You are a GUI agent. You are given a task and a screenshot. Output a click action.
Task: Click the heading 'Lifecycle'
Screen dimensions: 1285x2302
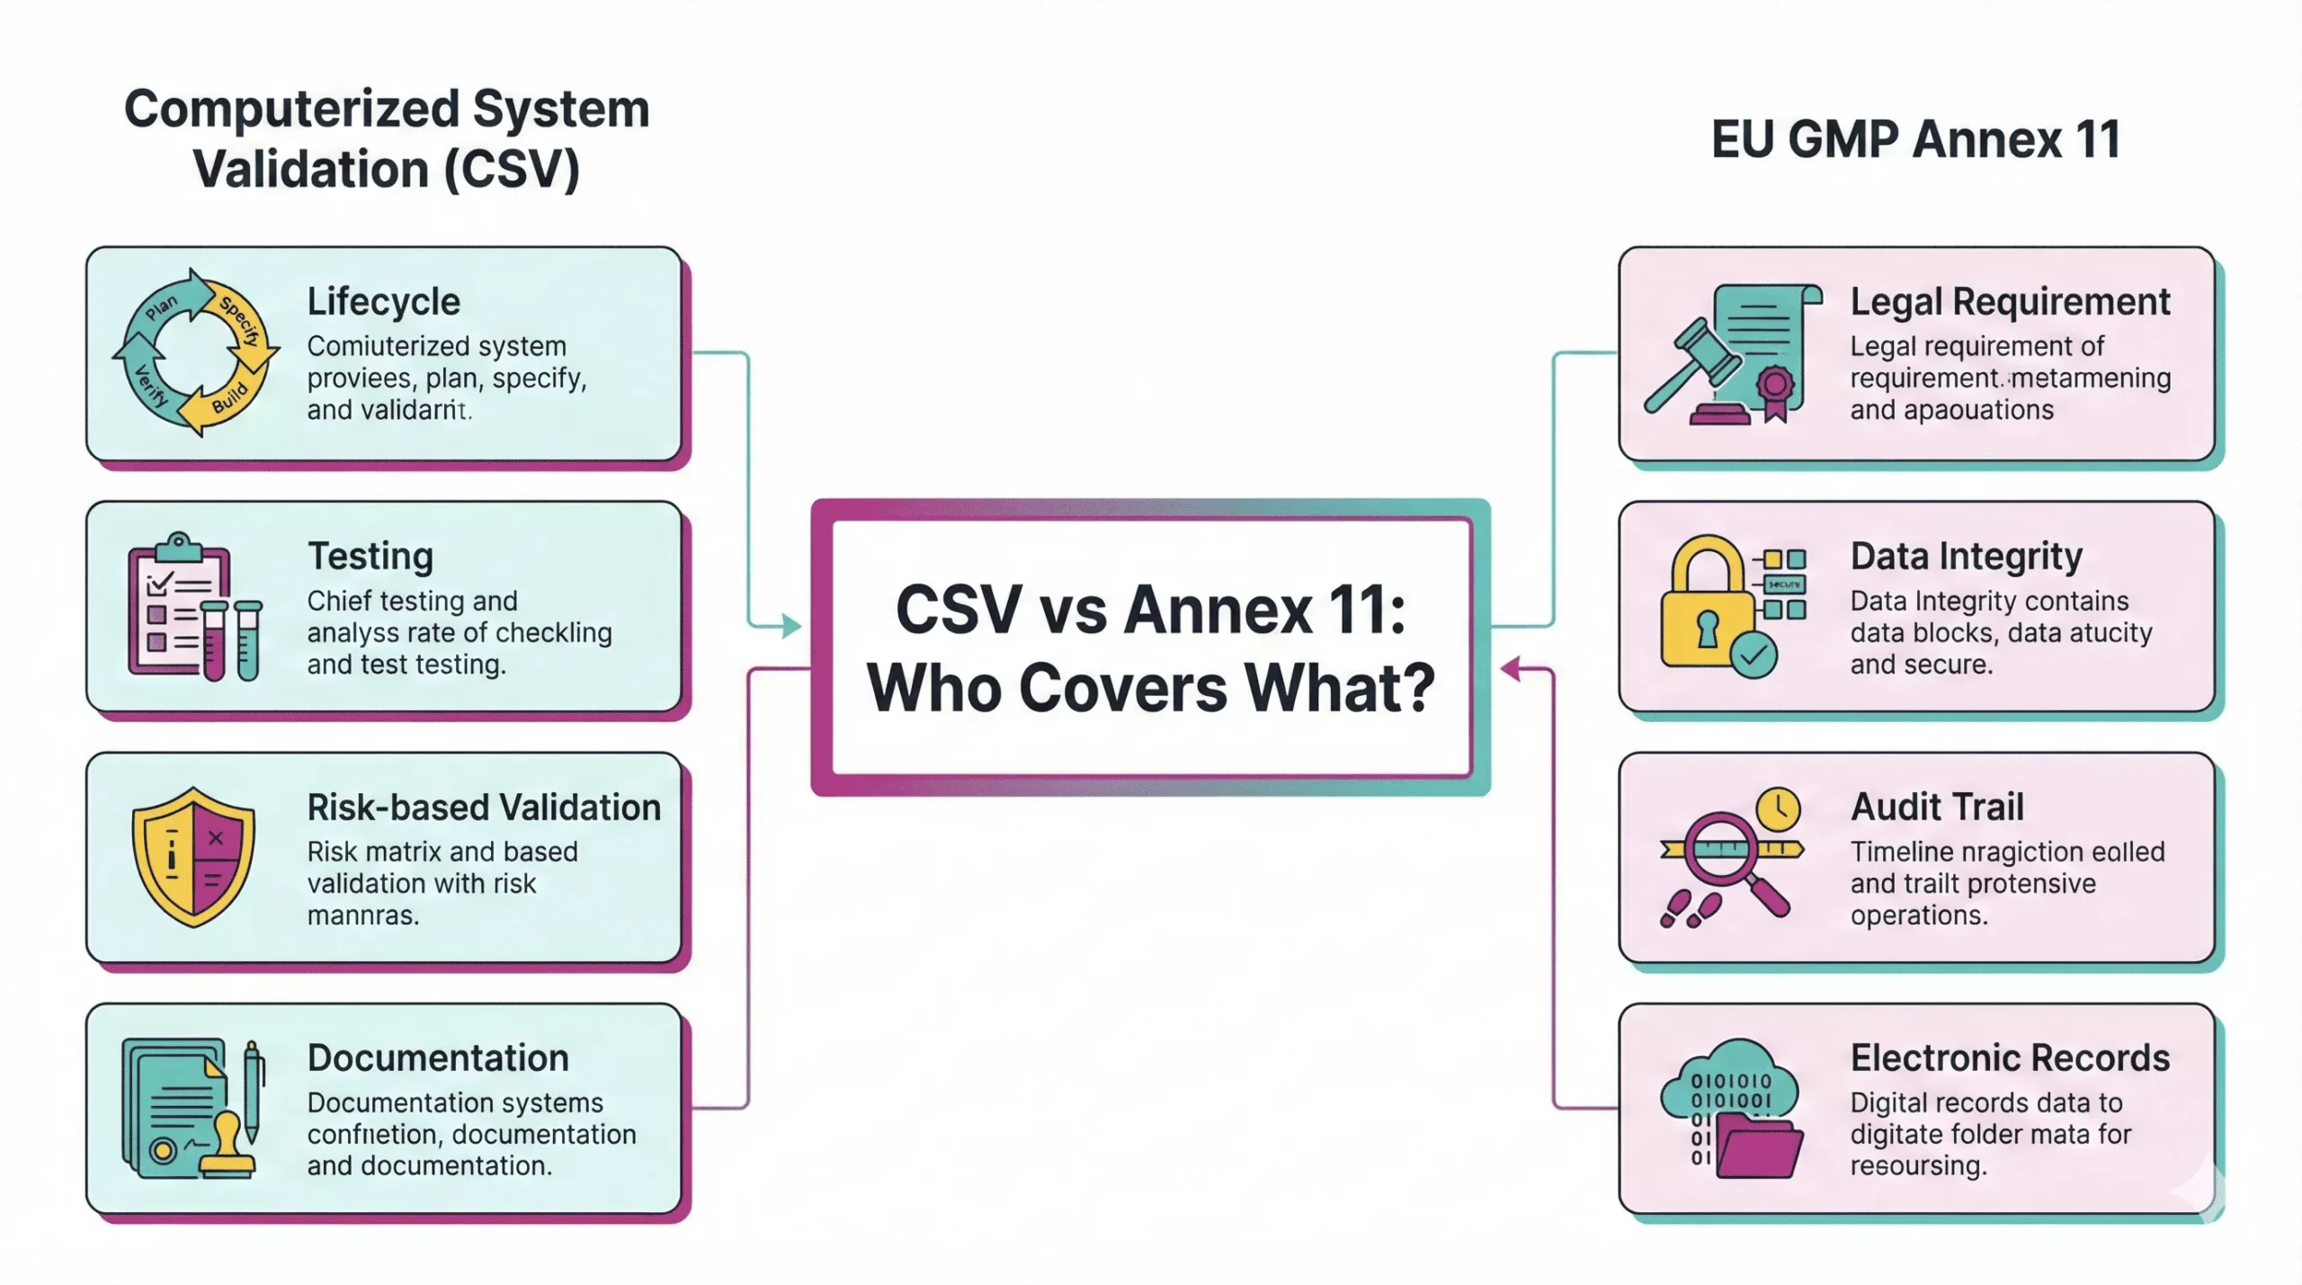(383, 302)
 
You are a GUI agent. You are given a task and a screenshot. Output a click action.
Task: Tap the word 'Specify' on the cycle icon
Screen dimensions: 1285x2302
(240, 320)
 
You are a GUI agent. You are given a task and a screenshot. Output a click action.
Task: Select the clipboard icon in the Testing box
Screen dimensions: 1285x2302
(176, 606)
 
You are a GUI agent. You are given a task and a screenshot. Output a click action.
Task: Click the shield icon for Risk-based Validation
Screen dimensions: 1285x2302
(193, 857)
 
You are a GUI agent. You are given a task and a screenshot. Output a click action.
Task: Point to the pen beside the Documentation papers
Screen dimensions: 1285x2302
(254, 1093)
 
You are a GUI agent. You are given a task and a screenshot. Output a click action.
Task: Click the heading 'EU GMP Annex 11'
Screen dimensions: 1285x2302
(1915, 140)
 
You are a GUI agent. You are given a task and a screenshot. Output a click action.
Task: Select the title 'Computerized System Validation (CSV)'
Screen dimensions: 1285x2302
(387, 138)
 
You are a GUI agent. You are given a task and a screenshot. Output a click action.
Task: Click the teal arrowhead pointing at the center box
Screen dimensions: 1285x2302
(791, 626)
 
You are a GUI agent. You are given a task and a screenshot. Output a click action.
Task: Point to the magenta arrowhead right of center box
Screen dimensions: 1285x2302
(1512, 669)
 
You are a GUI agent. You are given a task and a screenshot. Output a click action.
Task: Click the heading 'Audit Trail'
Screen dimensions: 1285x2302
(1937, 807)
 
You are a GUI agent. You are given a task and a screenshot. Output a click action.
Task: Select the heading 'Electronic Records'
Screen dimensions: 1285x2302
(2010, 1057)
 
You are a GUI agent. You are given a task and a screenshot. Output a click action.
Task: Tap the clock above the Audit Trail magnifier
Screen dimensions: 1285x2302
(1778, 808)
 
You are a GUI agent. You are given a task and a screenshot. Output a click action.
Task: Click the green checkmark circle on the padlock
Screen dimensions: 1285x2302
(1753, 656)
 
